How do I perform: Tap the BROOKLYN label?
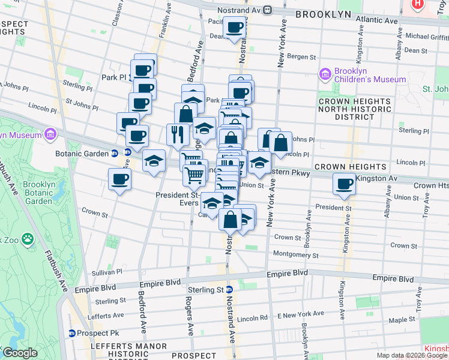tap(324, 13)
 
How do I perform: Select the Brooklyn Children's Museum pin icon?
tap(325, 74)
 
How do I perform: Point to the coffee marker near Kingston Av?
tap(345, 184)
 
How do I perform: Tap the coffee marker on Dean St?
tap(234, 27)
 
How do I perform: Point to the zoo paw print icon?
tap(28, 239)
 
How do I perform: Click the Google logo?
tap(20, 353)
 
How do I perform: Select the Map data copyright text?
tap(411, 355)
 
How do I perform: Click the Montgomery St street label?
tap(295, 255)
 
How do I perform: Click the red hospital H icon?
tap(419, 4)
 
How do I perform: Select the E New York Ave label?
tap(300, 314)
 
